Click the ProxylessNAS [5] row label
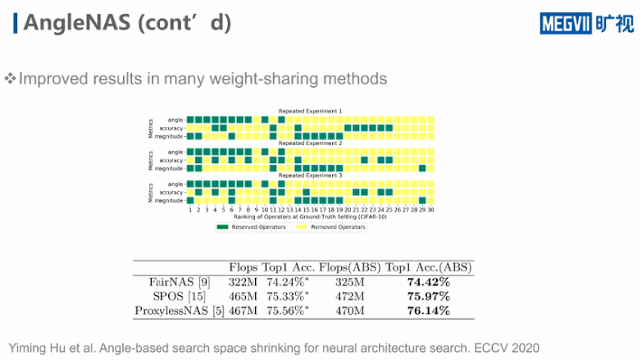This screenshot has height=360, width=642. pos(172,311)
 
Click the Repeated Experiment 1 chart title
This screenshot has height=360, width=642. pos(310,111)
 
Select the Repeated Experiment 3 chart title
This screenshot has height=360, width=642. pos(310,175)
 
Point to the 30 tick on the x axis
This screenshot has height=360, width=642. pos(431,210)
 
